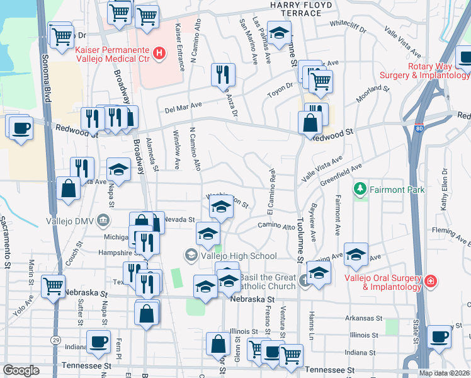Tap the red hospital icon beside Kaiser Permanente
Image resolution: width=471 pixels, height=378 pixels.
point(159,54)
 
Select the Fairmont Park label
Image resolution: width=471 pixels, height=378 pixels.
point(397,189)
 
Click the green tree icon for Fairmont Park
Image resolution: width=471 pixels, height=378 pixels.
point(360,188)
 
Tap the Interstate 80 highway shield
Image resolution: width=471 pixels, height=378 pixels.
point(419,129)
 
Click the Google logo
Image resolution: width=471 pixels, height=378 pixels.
point(21,370)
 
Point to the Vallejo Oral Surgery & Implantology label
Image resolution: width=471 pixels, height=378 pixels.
point(383,282)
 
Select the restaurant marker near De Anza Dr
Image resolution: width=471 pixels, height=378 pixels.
point(223,75)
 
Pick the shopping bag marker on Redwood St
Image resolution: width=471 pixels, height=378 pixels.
point(310,122)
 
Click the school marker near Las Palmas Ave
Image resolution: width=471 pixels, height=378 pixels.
point(279,32)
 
